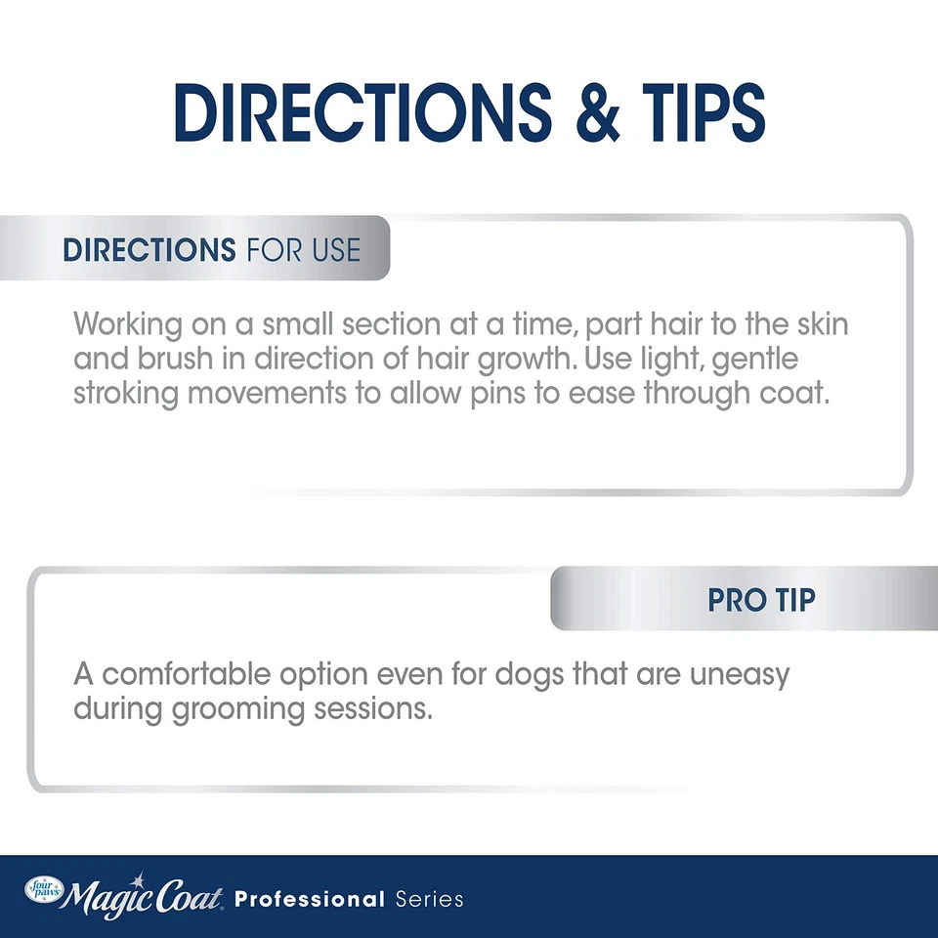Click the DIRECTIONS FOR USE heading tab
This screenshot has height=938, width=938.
point(212,249)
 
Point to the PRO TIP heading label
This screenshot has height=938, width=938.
point(761,599)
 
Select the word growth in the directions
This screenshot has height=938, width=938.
point(524,360)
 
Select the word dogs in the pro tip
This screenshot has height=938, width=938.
point(532,675)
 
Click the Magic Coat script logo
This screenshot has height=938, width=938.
point(143,894)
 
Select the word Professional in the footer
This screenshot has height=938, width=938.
point(311,898)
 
